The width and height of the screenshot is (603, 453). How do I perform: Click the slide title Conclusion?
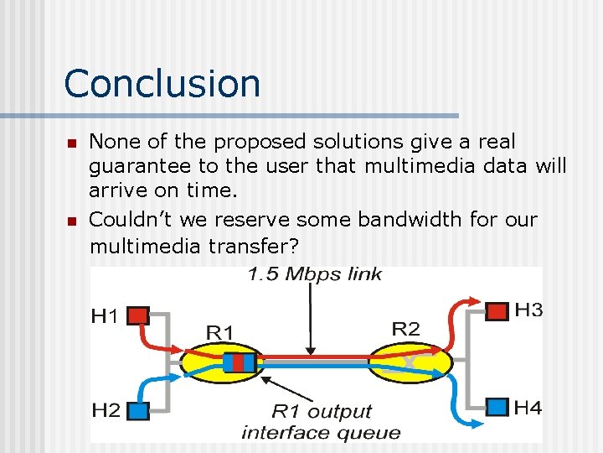point(162,84)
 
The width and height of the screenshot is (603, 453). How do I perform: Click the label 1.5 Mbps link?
point(314,274)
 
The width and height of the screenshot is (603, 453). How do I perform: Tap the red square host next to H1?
point(139,315)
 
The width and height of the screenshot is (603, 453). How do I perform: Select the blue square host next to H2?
point(139,410)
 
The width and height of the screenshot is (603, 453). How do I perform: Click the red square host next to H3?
point(497,311)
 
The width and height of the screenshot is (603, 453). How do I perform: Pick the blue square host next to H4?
point(497,408)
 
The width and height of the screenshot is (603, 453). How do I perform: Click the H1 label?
point(106,316)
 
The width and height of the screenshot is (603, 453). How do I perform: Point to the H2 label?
point(106,410)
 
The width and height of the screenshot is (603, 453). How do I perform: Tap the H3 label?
point(528,310)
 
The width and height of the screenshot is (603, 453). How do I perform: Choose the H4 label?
point(528,408)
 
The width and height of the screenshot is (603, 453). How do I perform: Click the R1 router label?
point(219,333)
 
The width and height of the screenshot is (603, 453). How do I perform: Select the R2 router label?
point(405,328)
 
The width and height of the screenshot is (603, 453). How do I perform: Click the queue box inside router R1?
point(239,362)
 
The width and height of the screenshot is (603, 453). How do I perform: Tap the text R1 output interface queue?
point(321,422)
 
